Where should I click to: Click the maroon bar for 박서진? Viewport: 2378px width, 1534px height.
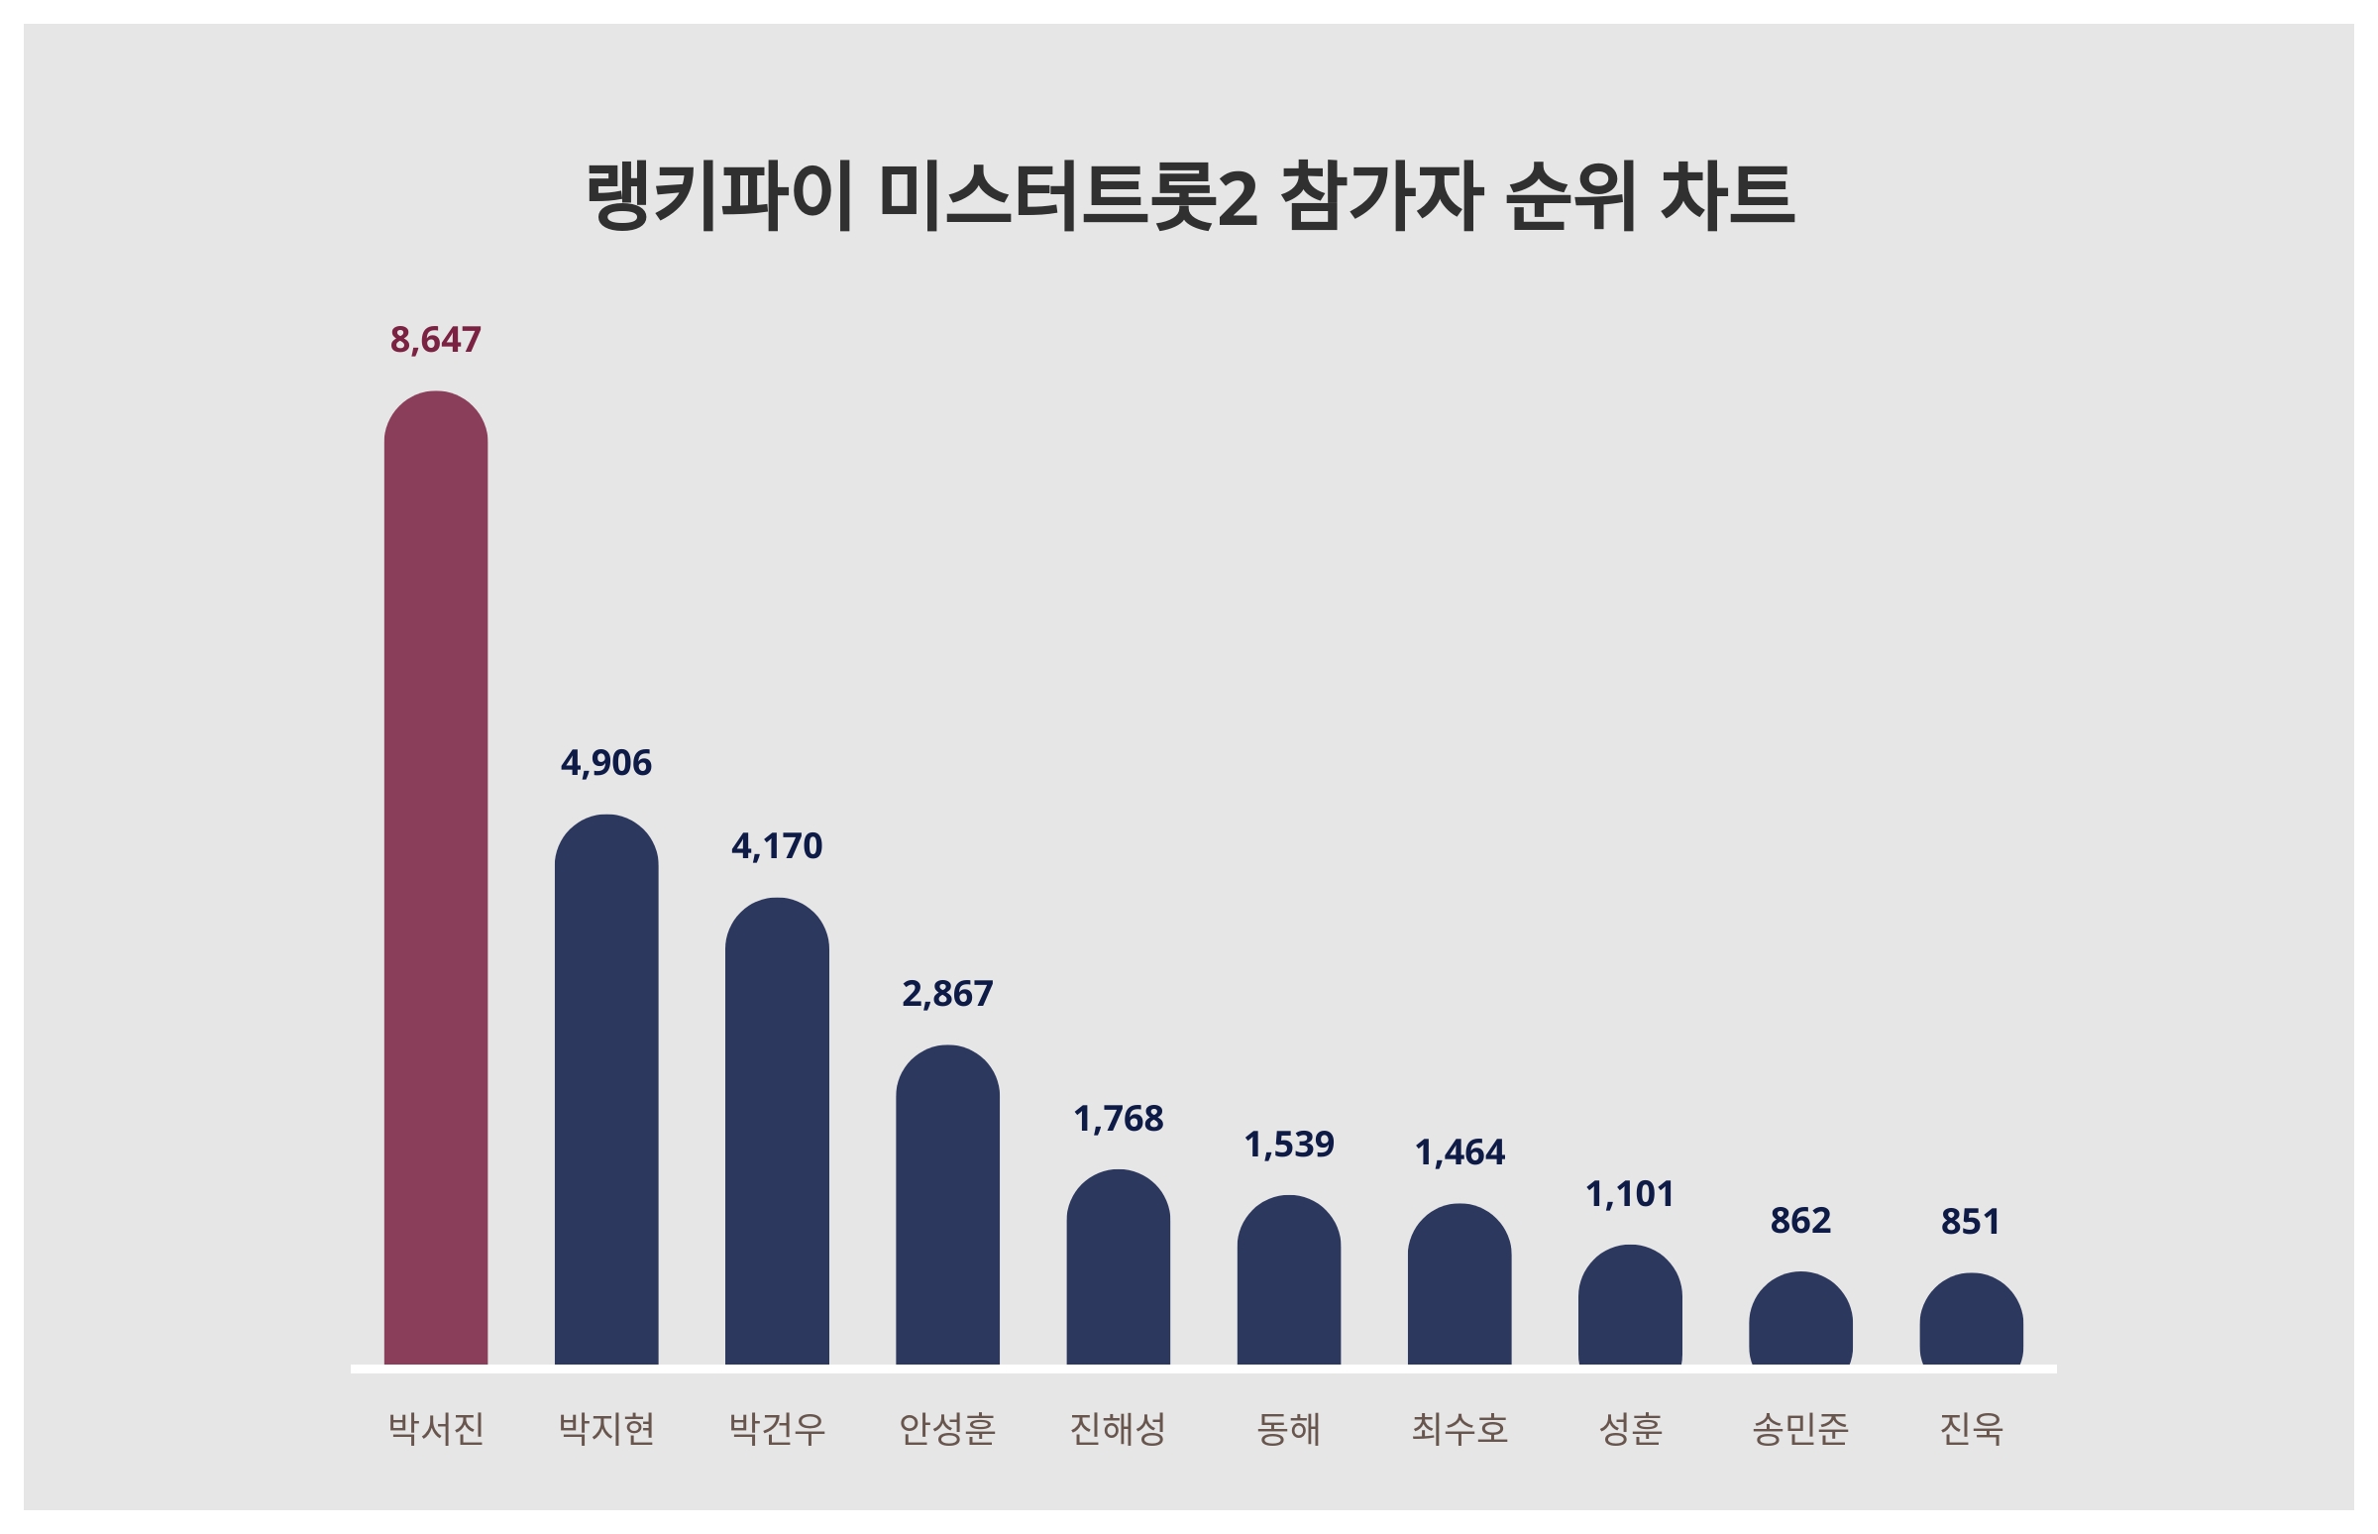435,877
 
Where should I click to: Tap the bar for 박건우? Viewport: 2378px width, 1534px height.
777,1131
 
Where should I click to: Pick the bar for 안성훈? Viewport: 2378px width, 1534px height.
947,1204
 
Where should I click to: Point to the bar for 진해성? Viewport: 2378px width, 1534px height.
1118,1267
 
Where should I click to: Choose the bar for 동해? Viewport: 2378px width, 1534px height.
1289,1280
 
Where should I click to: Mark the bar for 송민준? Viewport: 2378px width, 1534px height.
1799,1318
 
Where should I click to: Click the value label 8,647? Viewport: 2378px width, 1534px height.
435,341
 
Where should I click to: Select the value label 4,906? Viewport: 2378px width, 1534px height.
605,763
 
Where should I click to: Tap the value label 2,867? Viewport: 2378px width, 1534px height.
947,994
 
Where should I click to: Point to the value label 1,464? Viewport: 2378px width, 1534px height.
1459,1152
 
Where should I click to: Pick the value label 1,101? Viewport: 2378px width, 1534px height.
1629,1194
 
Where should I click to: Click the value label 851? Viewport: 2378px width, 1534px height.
1970,1221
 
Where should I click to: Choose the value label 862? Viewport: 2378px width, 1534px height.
1799,1220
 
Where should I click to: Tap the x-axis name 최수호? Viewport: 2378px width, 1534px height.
1459,1429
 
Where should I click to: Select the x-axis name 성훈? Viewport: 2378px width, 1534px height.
1629,1429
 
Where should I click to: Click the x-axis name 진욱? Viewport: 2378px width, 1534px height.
1970,1429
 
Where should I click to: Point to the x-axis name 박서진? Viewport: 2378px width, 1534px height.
435,1429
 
